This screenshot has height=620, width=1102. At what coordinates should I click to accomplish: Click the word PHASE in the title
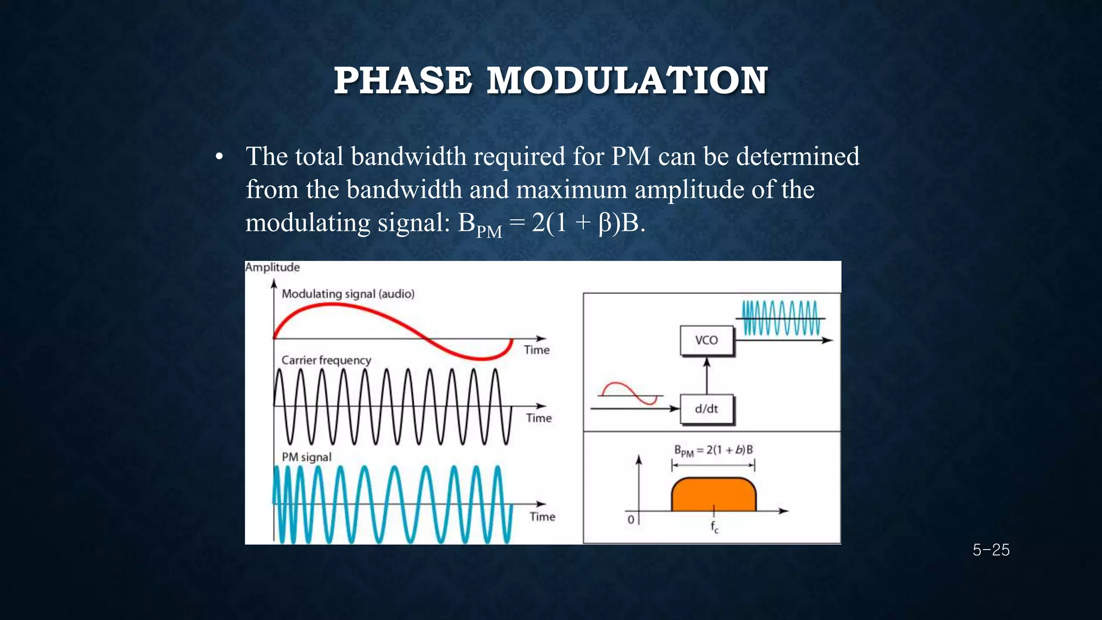point(402,81)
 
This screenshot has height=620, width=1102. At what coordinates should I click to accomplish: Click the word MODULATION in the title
point(627,81)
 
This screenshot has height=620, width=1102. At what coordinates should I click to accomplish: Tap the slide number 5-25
point(991,550)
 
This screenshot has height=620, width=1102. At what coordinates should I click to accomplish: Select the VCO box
point(707,340)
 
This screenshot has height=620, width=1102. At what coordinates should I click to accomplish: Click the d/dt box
point(707,409)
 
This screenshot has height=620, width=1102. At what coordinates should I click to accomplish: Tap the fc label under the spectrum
point(714,527)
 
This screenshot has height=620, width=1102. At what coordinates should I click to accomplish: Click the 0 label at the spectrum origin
point(631,519)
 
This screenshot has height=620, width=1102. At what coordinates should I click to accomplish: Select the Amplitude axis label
point(272,267)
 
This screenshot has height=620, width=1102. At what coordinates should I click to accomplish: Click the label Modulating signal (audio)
point(348,294)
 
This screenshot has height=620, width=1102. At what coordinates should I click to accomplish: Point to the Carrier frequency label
point(326,360)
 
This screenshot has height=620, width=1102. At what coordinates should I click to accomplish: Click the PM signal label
point(307,457)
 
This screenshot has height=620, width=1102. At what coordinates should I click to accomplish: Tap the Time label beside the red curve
point(536,350)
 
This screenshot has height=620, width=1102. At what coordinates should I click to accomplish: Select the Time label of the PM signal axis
point(542,517)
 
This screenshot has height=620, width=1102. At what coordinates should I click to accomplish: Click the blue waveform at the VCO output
point(780,318)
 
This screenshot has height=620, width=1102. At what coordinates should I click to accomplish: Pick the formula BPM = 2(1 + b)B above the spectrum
point(713,450)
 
